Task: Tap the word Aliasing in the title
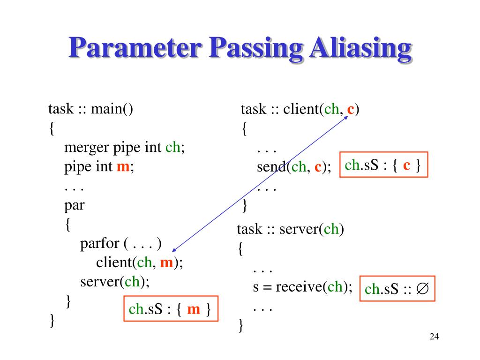[x=360, y=48]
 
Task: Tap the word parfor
[x=101, y=243]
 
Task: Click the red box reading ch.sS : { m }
[x=171, y=309]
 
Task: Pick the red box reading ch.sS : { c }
[x=383, y=165]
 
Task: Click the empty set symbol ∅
[x=422, y=289]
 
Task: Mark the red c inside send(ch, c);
[x=318, y=166]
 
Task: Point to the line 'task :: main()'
[x=91, y=109]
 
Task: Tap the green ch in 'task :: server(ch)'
[x=331, y=230]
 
